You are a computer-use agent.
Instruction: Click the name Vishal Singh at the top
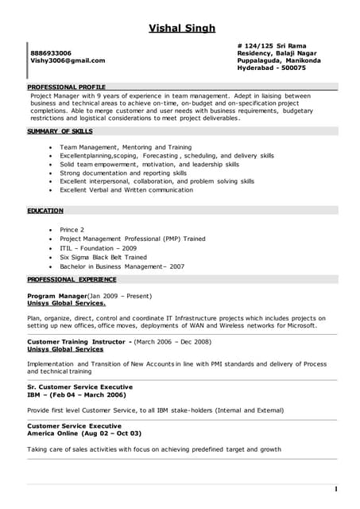click(x=182, y=29)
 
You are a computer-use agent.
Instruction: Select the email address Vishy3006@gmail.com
click(x=68, y=60)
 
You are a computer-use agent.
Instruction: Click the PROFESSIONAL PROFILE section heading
click(x=66, y=86)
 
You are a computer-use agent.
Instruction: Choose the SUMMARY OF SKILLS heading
click(x=60, y=130)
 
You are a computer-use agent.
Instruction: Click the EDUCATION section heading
click(x=45, y=211)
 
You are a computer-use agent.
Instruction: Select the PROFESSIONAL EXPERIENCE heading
click(x=72, y=280)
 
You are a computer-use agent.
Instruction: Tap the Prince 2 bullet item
click(x=72, y=229)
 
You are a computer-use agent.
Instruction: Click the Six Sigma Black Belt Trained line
click(x=103, y=258)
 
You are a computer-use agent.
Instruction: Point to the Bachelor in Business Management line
click(x=122, y=267)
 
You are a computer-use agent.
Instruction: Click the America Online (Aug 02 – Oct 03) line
click(x=84, y=433)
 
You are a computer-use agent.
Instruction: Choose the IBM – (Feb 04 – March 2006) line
click(x=76, y=394)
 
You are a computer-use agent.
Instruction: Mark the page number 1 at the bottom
click(x=336, y=488)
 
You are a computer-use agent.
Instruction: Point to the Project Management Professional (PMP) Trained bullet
click(x=132, y=239)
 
